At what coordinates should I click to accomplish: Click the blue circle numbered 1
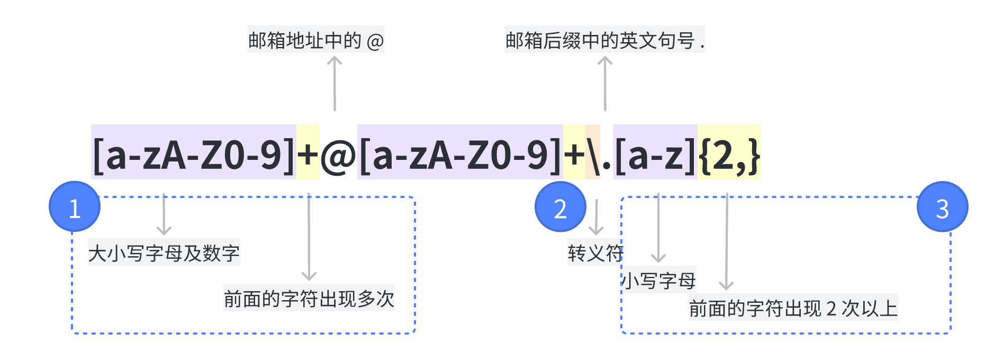pyautogui.click(x=75, y=207)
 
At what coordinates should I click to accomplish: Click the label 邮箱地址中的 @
pyautogui.click(x=316, y=40)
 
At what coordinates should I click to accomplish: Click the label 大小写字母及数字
pyautogui.click(x=164, y=253)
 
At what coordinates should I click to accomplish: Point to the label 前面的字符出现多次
pyautogui.click(x=309, y=299)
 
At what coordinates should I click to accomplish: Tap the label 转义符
pyautogui.click(x=595, y=253)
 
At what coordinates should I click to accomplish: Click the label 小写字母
pyautogui.click(x=659, y=280)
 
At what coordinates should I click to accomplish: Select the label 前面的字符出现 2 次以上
pyautogui.click(x=793, y=308)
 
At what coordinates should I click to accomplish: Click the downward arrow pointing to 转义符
pyautogui.click(x=597, y=217)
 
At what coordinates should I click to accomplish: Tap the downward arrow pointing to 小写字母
pyautogui.click(x=658, y=228)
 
